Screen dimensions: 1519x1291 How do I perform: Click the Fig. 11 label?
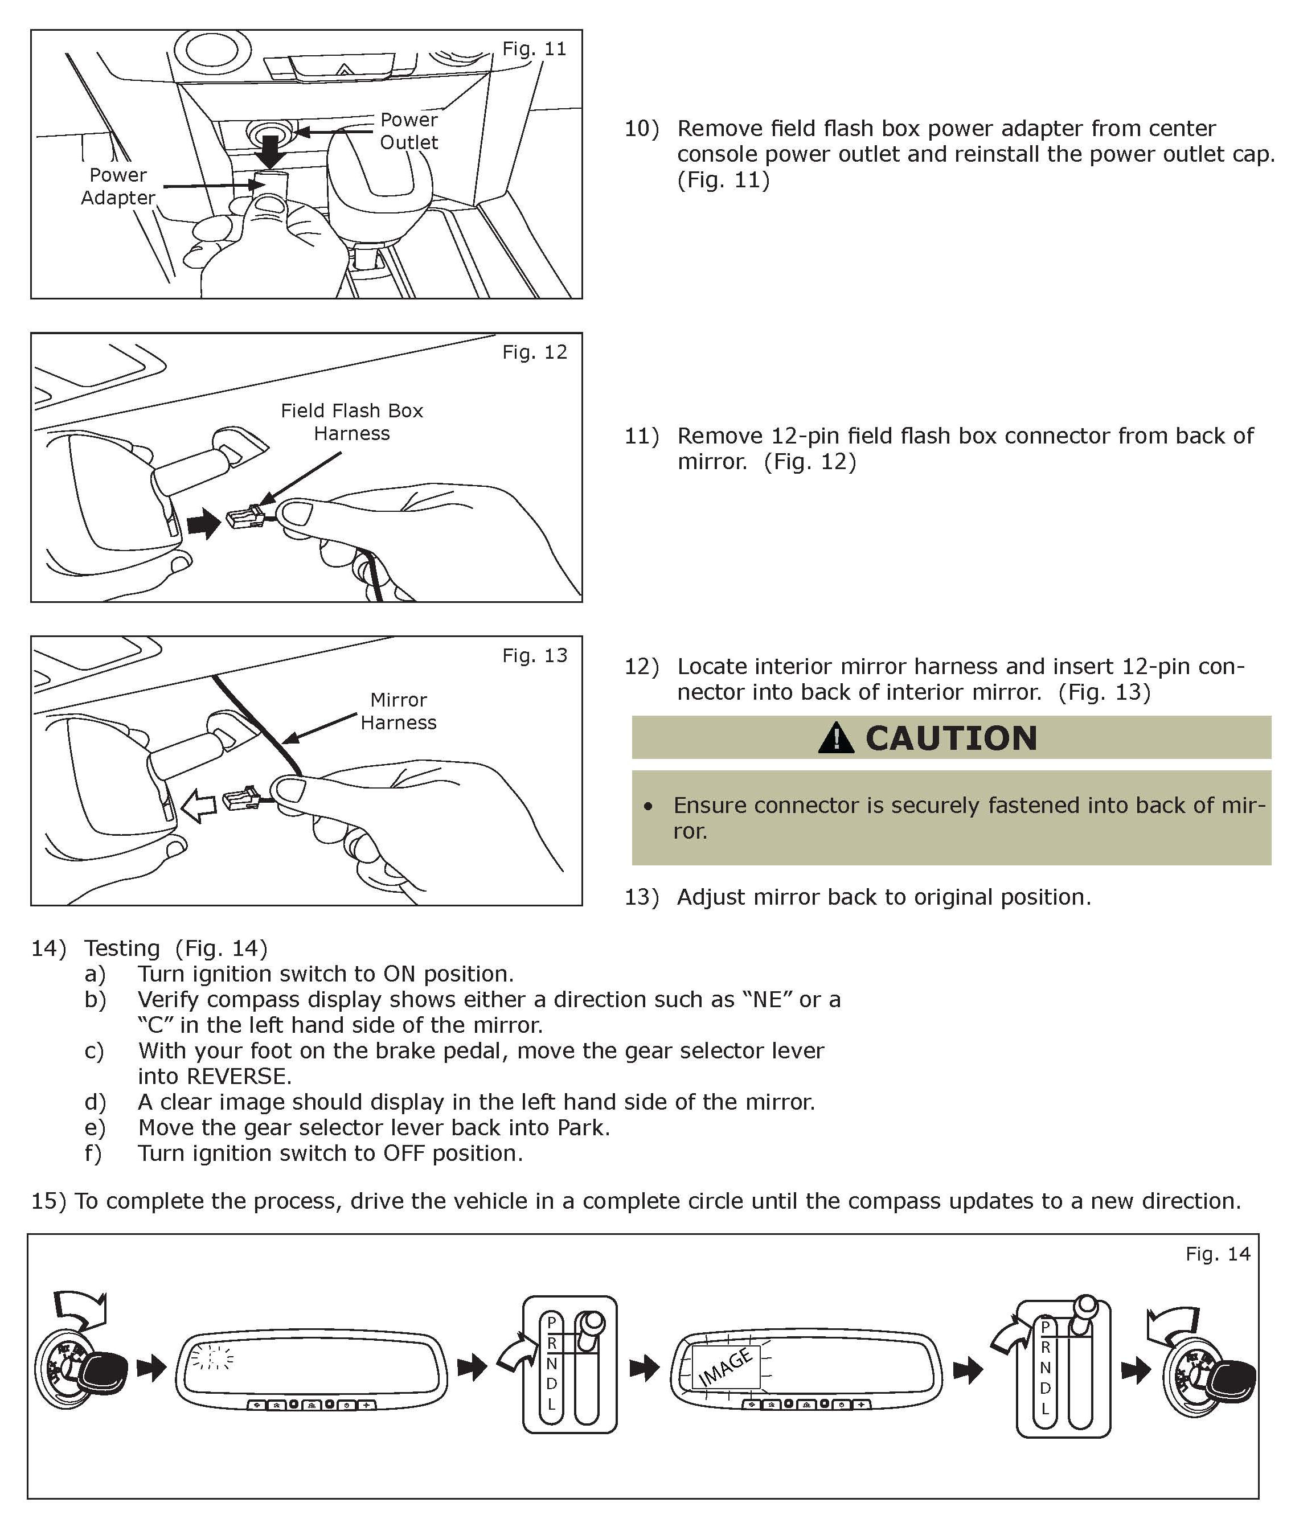click(534, 49)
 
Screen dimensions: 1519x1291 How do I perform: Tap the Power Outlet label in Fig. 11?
click(408, 131)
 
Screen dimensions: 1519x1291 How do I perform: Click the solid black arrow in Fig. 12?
click(204, 523)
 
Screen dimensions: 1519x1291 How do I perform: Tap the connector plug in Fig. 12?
click(246, 518)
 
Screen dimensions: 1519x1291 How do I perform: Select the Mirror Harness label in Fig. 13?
click(399, 711)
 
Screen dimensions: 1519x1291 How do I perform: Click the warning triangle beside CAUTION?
click(836, 738)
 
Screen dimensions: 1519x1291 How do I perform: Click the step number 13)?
click(641, 897)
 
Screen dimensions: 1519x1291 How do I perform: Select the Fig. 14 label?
click(1218, 1254)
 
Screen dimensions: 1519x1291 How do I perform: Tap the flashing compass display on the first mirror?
click(211, 1358)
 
